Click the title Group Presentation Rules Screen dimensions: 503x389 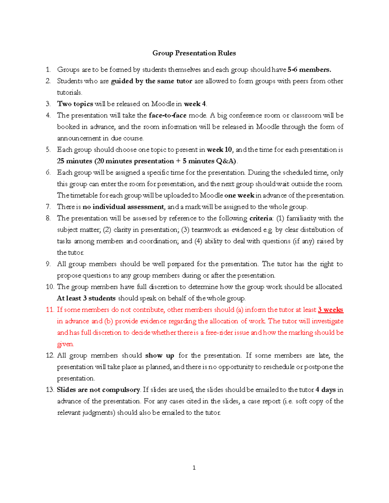point(194,53)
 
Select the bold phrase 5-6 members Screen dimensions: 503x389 point(309,70)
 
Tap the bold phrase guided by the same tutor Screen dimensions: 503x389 point(151,81)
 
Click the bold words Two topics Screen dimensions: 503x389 point(75,104)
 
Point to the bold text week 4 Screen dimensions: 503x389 point(195,104)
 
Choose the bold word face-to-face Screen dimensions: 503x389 point(167,115)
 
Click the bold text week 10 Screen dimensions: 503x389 point(219,150)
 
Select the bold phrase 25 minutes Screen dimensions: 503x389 point(75,161)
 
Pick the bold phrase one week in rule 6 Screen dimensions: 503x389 point(239,195)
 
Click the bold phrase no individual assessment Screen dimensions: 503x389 point(124,207)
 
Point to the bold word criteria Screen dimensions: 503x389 point(261,218)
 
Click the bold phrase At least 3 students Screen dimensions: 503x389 point(86,298)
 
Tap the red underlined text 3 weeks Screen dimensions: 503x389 point(330,310)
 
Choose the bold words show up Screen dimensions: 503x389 point(159,355)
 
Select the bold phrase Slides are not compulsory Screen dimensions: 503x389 point(99,390)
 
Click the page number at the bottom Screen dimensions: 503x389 point(194,467)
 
